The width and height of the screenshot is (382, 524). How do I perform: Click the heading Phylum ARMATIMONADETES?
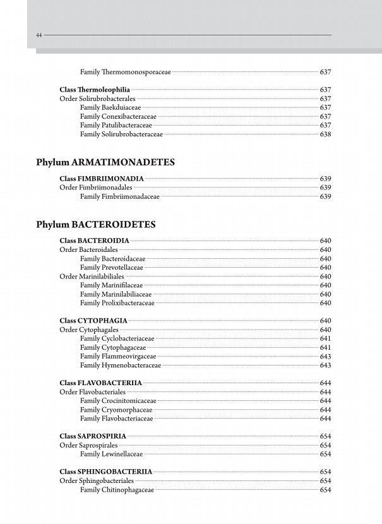105,162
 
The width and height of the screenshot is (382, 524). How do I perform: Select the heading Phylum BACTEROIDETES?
96,224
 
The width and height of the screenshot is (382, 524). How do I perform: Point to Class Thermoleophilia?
95,90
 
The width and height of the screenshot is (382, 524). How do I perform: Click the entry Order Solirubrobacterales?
97,99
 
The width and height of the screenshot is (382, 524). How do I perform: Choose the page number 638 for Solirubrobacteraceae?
326,134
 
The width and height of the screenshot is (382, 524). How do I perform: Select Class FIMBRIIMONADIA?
102,179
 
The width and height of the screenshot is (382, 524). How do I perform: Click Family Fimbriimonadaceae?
120,196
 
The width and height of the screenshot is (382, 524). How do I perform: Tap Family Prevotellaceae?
112,268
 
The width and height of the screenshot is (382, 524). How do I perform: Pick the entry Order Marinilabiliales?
92,277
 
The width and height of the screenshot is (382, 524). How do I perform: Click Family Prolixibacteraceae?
117,303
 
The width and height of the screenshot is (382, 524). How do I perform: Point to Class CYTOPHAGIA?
93,321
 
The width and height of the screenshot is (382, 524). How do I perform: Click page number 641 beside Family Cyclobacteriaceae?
326,338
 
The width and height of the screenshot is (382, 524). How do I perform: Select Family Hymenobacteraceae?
121,365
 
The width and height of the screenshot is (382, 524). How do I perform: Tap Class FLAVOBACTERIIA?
101,383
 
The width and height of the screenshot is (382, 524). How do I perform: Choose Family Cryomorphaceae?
116,409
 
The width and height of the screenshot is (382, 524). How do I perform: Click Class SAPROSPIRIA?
93,436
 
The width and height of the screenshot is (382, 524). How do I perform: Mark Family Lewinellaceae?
112,454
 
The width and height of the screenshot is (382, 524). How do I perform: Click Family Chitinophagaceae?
117,489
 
